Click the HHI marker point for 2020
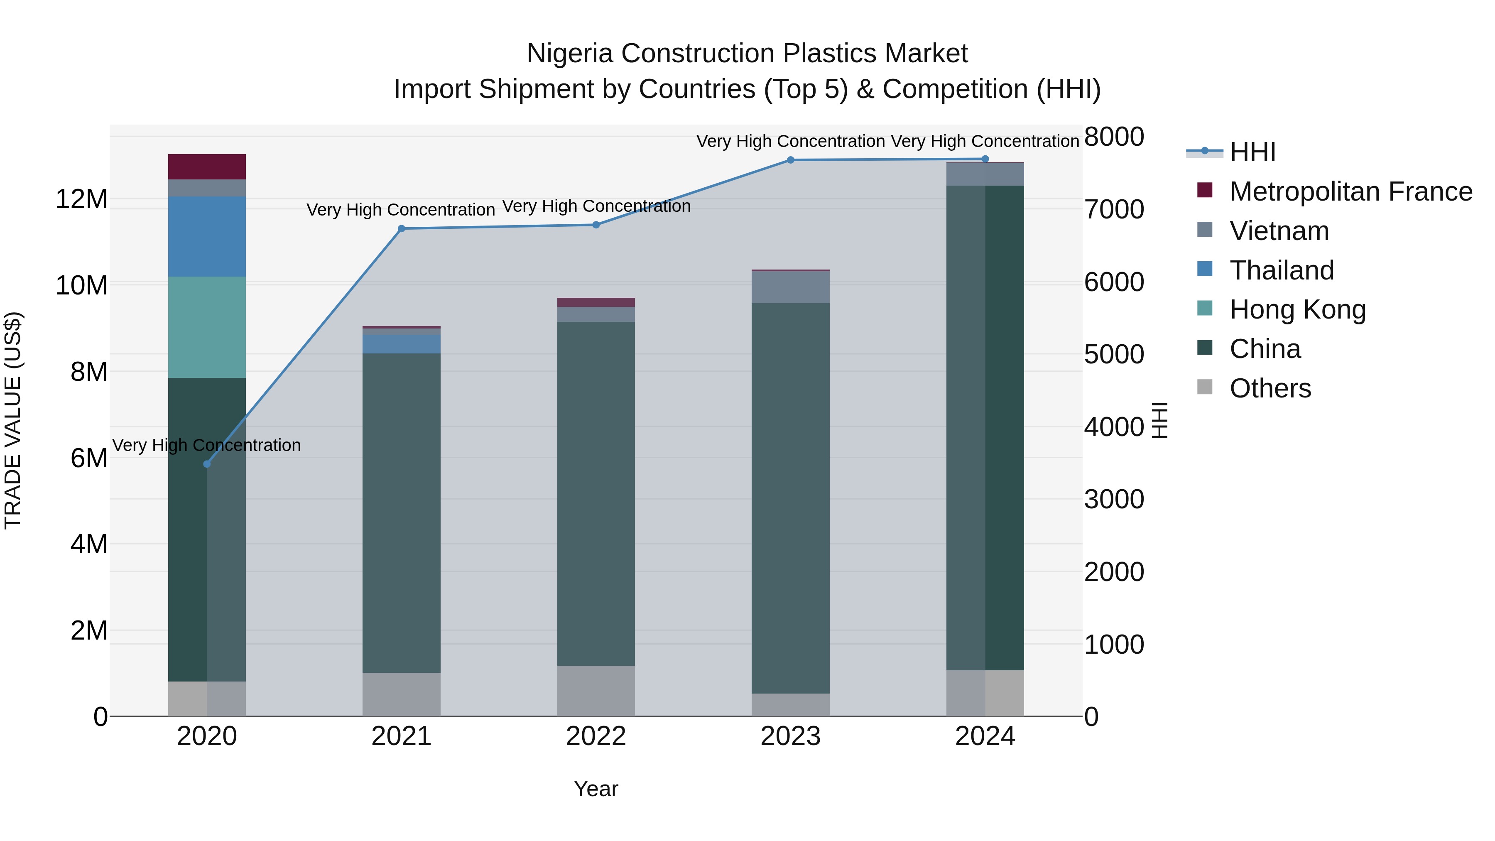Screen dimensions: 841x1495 [x=207, y=464]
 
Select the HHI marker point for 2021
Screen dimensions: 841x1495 [x=401, y=229]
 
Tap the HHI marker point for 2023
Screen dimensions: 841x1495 [x=790, y=159]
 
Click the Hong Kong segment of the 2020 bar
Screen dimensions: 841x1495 [x=207, y=327]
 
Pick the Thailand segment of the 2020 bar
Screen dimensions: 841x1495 [x=207, y=236]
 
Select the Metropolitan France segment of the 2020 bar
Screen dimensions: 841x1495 [x=207, y=167]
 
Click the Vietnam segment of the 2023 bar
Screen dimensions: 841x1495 [x=790, y=287]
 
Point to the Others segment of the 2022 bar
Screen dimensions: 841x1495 [x=596, y=690]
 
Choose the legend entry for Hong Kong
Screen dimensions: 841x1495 [x=1298, y=309]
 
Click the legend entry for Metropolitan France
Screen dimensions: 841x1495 [x=1350, y=191]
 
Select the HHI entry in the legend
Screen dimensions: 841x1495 [x=1252, y=152]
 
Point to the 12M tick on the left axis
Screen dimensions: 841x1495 [x=81, y=199]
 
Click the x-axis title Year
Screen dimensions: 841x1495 [x=596, y=789]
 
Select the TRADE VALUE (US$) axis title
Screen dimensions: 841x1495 [x=13, y=420]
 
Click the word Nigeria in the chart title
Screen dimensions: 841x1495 [x=569, y=54]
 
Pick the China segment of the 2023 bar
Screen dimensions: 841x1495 [x=790, y=498]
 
